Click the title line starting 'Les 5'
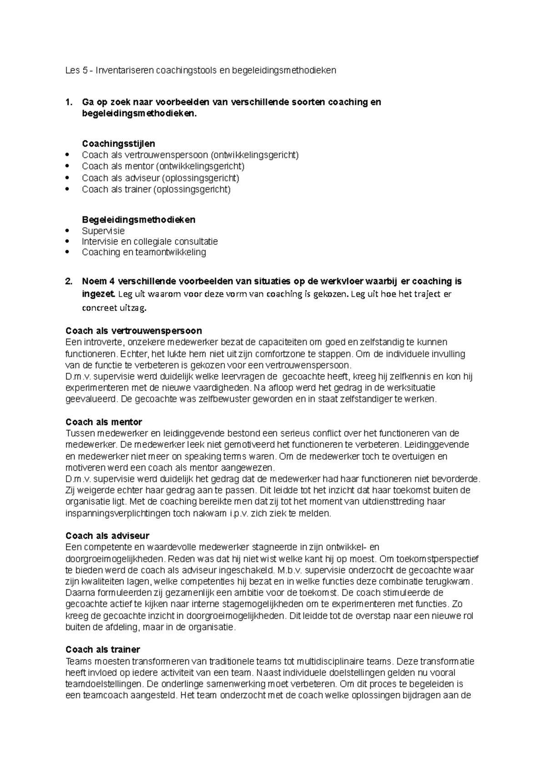[x=201, y=71]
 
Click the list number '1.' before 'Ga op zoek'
[x=69, y=102]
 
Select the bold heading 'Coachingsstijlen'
[x=118, y=144]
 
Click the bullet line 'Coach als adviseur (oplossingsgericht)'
[x=160, y=178]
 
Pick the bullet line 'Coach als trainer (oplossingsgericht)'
[x=156, y=189]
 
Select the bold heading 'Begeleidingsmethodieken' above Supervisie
[x=138, y=219]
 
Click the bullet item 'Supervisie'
[x=103, y=231]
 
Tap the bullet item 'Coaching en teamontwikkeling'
[x=144, y=252]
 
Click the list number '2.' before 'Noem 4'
[x=69, y=281]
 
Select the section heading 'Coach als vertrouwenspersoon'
[x=134, y=331]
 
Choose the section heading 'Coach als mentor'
[x=104, y=422]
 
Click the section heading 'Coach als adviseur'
[x=107, y=536]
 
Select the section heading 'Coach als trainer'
[x=103, y=649]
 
